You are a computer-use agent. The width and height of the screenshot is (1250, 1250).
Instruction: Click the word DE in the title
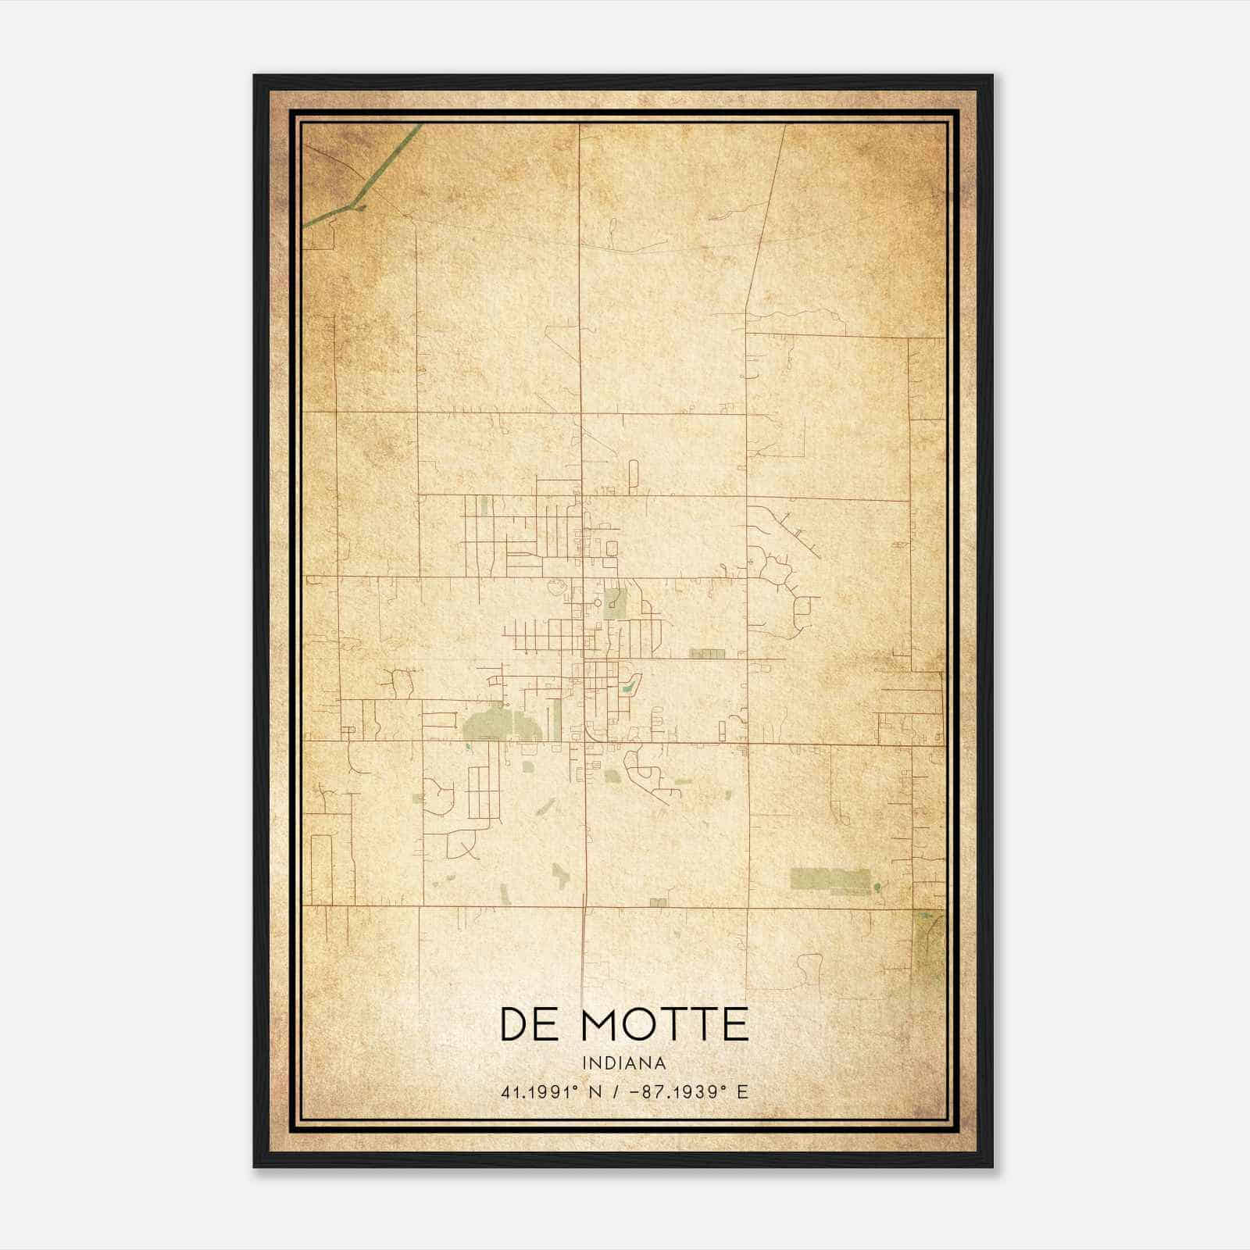coord(527,1024)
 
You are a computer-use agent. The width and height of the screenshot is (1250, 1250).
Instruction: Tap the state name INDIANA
coord(623,1063)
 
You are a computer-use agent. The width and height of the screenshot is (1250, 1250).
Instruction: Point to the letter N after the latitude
coord(596,1091)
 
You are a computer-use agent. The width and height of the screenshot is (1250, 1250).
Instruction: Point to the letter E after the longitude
coord(742,1091)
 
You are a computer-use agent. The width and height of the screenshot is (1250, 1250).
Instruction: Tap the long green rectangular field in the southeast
coord(829,880)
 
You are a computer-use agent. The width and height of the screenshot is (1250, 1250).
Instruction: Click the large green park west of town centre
coord(500,725)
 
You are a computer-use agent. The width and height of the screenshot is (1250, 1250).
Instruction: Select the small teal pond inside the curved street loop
coord(627,688)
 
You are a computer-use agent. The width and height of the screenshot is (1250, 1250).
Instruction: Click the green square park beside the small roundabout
coord(614,603)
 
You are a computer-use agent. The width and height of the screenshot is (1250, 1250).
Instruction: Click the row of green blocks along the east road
coord(707,652)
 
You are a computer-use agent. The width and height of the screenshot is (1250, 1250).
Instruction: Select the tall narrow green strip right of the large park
coord(557,719)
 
